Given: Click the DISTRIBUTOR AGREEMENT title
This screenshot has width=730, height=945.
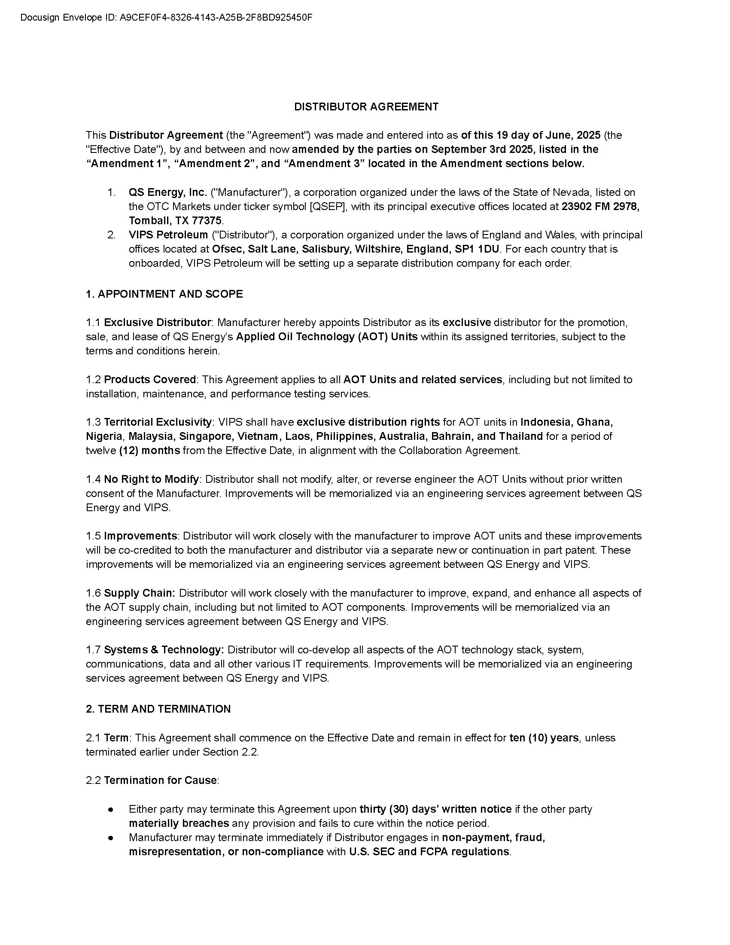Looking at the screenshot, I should (x=366, y=107).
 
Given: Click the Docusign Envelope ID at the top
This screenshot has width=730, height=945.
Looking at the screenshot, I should (x=166, y=18).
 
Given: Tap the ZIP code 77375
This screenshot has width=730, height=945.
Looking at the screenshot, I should (x=206, y=221).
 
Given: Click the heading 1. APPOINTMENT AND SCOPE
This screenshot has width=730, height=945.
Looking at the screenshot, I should (x=164, y=294).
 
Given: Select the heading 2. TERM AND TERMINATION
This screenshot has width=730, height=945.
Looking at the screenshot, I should (x=158, y=709).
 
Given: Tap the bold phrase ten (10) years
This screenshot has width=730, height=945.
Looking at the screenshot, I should (x=544, y=738).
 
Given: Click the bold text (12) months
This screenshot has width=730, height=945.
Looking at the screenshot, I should (x=149, y=451).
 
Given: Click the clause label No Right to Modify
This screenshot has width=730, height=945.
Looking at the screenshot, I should (x=151, y=479).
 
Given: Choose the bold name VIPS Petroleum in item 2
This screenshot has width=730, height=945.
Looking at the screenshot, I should (x=168, y=235).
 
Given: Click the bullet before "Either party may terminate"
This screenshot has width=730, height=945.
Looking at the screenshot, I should (x=111, y=809).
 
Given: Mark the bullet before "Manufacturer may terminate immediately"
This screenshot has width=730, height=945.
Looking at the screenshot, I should (x=111, y=838).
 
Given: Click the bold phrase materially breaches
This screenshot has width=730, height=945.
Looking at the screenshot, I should (x=179, y=823).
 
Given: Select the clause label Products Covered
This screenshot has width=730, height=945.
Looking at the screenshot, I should (x=149, y=379).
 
